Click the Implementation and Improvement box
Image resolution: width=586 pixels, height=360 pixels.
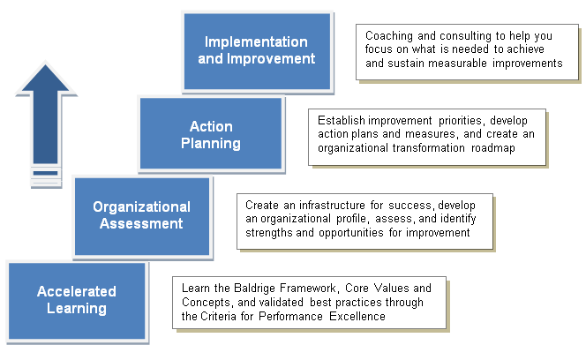(257, 51)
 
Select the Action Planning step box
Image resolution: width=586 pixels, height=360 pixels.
(211, 133)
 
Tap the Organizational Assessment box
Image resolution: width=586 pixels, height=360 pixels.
(142, 216)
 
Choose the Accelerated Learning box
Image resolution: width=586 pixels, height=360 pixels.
(77, 301)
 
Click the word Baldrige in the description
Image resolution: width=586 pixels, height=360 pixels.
(255, 289)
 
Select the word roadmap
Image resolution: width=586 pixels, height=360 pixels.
(493, 148)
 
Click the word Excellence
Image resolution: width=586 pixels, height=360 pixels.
(357, 317)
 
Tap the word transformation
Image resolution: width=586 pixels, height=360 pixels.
(429, 148)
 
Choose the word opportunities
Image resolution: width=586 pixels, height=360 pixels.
(351, 233)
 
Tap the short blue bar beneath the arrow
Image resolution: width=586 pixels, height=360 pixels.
(45, 173)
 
